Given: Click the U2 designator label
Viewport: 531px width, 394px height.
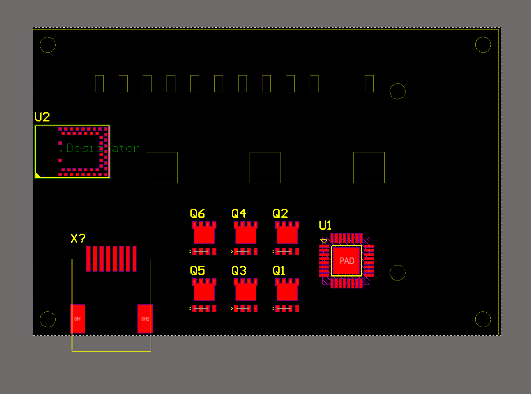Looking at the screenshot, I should click(x=42, y=117).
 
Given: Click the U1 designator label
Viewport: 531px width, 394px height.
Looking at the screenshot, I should click(x=325, y=226).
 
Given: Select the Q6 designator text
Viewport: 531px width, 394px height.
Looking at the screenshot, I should click(x=197, y=214).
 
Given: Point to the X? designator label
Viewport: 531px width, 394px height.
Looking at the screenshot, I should click(x=78, y=239).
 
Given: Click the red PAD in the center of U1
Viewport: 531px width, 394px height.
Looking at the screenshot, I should click(x=346, y=261).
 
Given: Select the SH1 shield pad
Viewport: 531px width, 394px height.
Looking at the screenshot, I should click(x=78, y=318).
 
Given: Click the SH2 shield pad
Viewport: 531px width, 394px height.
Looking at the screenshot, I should click(x=145, y=318).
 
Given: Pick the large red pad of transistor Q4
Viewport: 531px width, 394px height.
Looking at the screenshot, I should click(x=246, y=235).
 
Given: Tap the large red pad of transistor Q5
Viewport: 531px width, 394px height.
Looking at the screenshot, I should click(x=204, y=292).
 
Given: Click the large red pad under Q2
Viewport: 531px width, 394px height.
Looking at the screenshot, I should click(x=287, y=235).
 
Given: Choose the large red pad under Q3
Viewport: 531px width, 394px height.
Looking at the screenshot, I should click(x=246, y=292).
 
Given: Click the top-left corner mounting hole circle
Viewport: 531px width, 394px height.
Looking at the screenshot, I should click(x=48, y=45).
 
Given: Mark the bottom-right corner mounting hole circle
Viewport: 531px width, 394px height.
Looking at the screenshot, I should click(x=483, y=319).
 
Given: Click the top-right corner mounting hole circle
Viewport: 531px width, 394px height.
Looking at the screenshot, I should click(x=483, y=45).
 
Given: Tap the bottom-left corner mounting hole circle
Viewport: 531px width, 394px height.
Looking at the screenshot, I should click(x=48, y=319).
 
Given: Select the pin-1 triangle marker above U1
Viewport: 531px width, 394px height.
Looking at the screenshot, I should click(x=324, y=241).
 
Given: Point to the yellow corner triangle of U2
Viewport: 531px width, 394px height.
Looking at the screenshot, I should click(x=38, y=175).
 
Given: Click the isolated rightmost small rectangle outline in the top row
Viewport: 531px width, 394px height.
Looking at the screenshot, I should click(x=369, y=83).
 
